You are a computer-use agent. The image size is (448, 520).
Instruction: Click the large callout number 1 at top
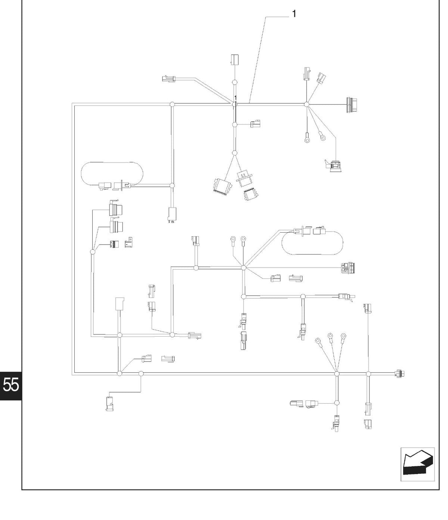pos(294,13)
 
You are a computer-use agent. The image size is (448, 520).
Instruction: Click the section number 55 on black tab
pos(10,385)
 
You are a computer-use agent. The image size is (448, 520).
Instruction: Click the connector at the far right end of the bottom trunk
pos(399,373)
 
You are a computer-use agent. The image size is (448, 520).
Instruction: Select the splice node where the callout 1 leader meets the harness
pos(234,104)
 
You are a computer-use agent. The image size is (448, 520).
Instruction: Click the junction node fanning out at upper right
pos(307,104)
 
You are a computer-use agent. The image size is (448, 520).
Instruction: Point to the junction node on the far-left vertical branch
pos(93,252)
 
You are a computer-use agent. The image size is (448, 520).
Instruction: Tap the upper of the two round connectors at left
pos(116,208)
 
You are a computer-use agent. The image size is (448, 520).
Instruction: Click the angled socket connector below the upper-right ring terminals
pos(333,165)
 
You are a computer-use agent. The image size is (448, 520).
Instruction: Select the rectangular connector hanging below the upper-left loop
pos(172,214)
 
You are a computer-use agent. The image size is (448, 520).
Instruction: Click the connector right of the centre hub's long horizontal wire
pos(348,268)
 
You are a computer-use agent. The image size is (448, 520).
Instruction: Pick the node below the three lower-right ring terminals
pos(337,374)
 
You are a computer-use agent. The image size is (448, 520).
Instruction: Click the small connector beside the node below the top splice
pos(255,124)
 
